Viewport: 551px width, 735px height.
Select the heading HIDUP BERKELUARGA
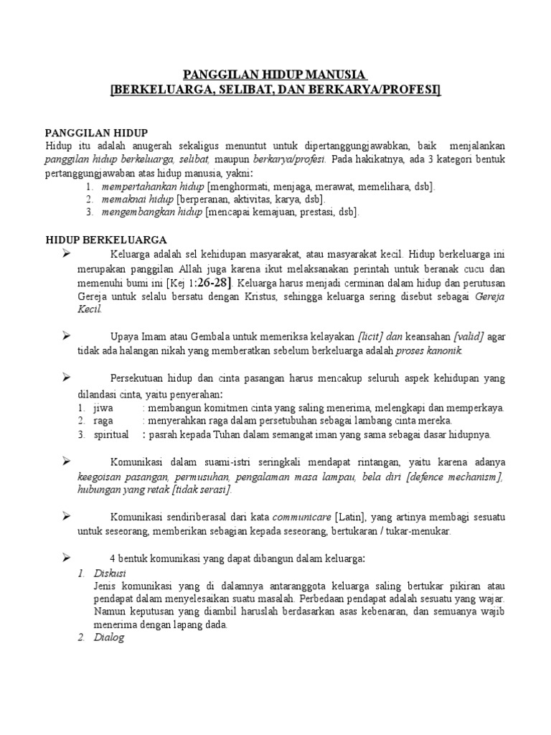(106, 239)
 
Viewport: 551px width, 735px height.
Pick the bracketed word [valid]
(466, 337)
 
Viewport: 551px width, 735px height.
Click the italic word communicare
(302, 516)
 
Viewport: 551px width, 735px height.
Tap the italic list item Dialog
(109, 637)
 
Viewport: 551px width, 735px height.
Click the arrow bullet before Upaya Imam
(65, 336)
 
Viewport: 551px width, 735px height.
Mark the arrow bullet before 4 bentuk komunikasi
(65, 558)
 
